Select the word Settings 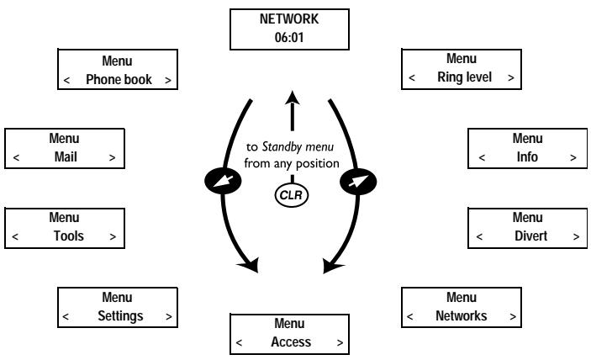tap(116, 316)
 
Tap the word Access tap(291, 342)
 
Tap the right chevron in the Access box tap(340, 343)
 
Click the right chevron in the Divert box tap(577, 237)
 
